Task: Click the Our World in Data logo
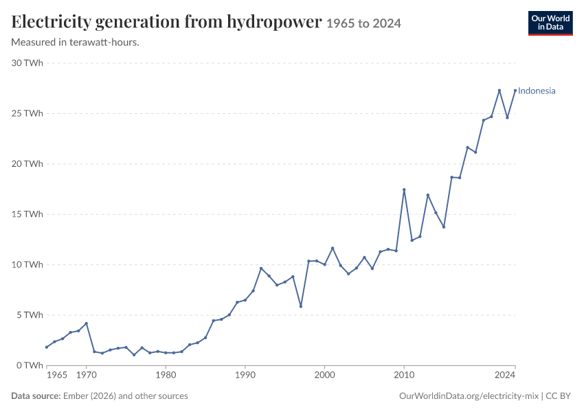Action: pos(550,23)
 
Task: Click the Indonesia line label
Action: pos(537,91)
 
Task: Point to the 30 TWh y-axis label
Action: pos(27,63)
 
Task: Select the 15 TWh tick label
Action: pos(27,214)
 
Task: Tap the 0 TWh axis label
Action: pos(30,365)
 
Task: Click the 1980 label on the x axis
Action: pos(166,374)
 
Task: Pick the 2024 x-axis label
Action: pos(505,374)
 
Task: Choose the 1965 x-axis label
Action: pos(57,374)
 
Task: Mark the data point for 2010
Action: pos(404,190)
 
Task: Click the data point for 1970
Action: pos(87,323)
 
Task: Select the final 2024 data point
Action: pos(515,91)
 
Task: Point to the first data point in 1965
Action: pos(47,347)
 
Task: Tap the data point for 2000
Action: pos(325,264)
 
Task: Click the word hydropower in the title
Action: pos(274,22)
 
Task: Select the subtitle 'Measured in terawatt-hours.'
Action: pos(76,43)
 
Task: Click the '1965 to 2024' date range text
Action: pos(363,23)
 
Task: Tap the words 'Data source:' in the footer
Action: pos(36,396)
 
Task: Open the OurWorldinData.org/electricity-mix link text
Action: pos(469,396)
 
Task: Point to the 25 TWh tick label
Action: pos(27,113)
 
